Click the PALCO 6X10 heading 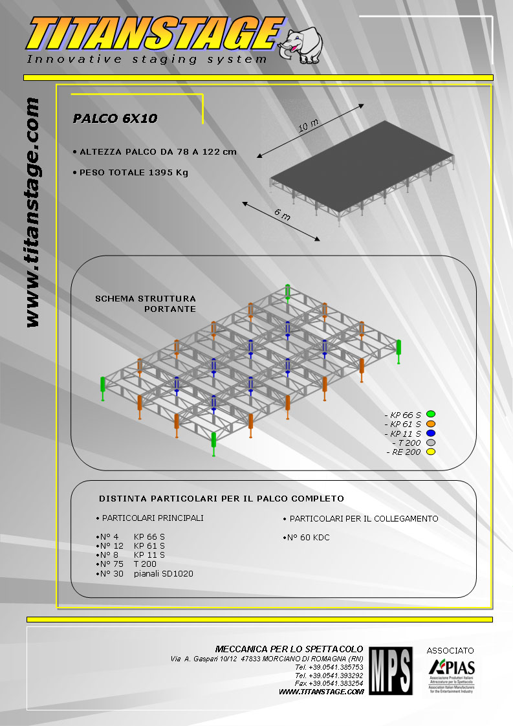click(115, 118)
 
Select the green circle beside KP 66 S click(431, 414)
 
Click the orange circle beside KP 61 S click(431, 424)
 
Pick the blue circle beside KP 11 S click(431, 434)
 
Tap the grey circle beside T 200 click(431, 443)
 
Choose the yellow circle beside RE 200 click(431, 452)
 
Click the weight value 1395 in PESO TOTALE click(160, 173)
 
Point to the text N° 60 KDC click(308, 538)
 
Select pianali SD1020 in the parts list click(164, 573)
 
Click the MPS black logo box click(390, 670)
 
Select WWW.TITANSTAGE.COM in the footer click(322, 692)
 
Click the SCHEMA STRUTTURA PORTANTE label click(146, 303)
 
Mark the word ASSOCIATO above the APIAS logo click(450, 650)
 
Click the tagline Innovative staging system click(147, 60)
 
